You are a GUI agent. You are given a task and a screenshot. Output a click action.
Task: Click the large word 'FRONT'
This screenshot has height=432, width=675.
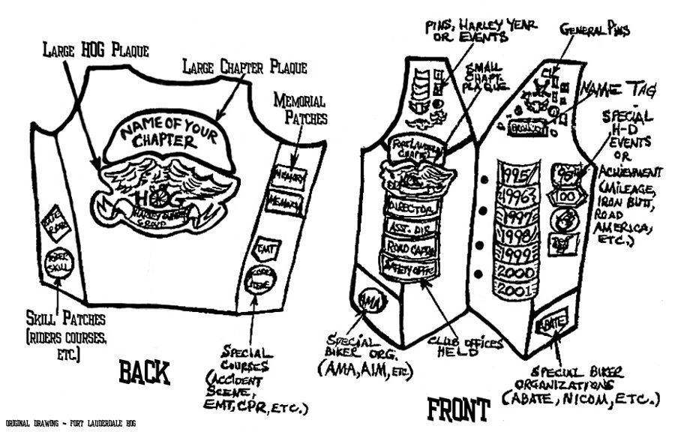tap(457, 410)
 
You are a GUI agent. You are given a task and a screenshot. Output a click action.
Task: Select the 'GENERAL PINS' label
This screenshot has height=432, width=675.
tap(595, 30)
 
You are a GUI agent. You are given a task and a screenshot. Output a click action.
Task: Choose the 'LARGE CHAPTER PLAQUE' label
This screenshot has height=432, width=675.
tap(244, 68)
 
